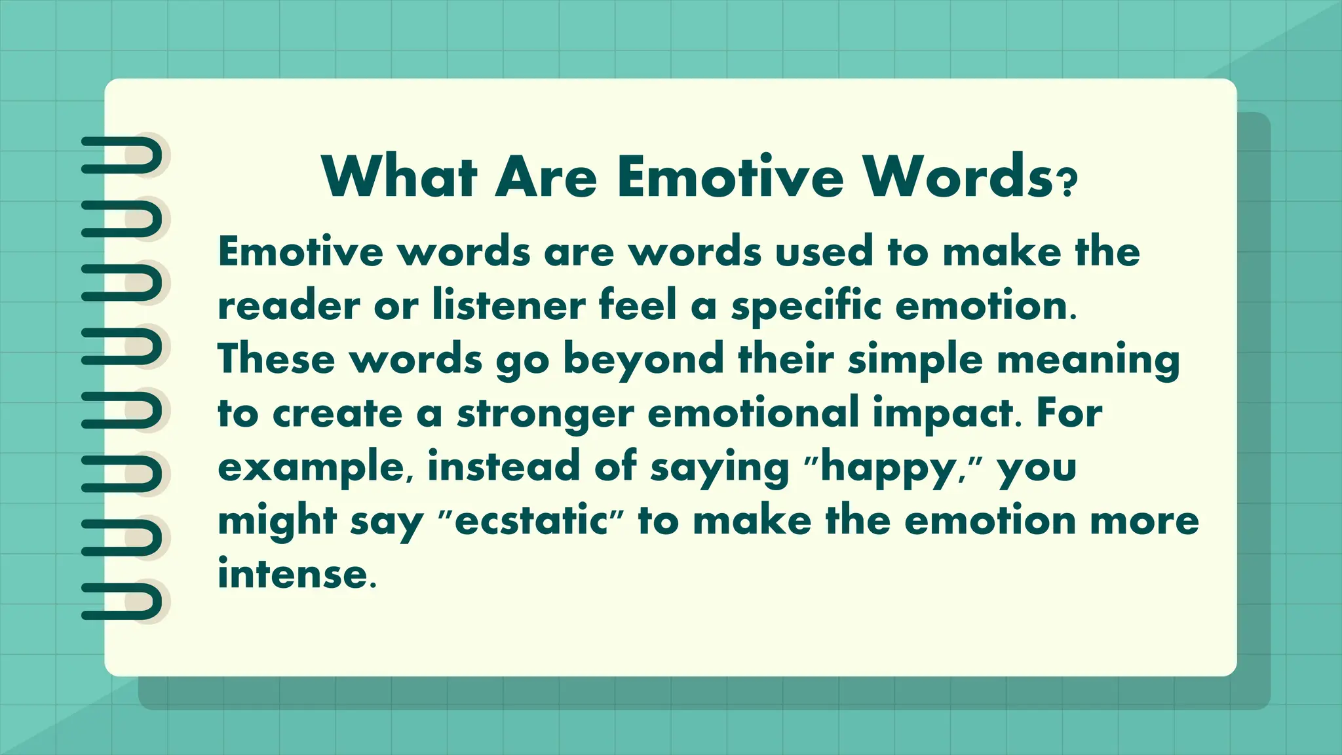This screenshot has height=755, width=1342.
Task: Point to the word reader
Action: coord(288,306)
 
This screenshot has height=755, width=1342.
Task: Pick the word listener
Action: coord(508,306)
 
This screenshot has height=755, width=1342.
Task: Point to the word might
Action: coord(277,521)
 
